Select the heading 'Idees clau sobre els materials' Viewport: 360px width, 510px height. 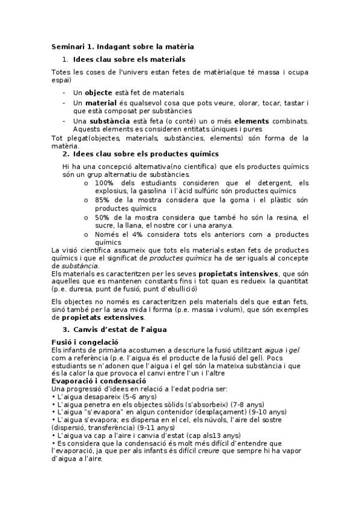coord(129,60)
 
